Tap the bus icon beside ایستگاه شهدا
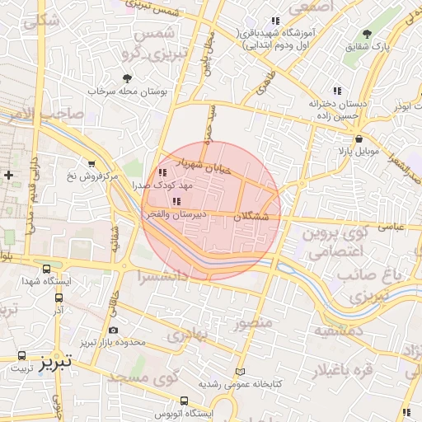pyautogui.click(x=45, y=269)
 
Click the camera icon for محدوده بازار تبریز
pyautogui.click(x=113, y=331)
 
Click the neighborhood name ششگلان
pyautogui.click(x=252, y=217)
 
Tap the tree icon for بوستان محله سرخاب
pyautogui.click(x=126, y=78)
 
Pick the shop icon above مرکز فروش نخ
pyautogui.click(x=91, y=163)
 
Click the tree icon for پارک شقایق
pyautogui.click(x=367, y=35)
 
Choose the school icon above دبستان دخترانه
pyautogui.click(x=336, y=91)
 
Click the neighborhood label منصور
pyautogui.click(x=252, y=323)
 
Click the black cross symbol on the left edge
pyautogui.click(x=8, y=175)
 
